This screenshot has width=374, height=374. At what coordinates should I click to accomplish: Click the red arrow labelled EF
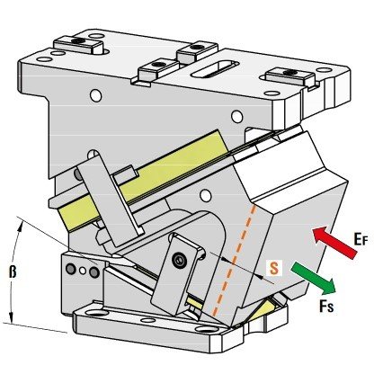(x=334, y=242)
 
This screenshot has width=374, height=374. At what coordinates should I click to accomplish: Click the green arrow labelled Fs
(x=313, y=279)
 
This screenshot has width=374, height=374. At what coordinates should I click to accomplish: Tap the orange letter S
(x=274, y=268)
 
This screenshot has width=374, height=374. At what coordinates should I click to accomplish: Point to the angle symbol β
(x=12, y=272)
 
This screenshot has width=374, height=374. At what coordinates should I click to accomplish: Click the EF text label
(x=361, y=240)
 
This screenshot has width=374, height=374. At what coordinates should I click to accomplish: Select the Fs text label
(x=326, y=306)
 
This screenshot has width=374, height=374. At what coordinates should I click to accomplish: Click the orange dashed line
(x=234, y=260)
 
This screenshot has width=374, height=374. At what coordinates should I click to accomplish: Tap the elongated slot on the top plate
(x=215, y=68)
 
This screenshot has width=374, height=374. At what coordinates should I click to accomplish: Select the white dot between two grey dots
(x=83, y=271)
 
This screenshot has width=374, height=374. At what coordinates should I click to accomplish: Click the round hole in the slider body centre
(x=205, y=196)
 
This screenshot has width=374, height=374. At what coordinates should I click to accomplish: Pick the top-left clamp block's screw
(x=79, y=40)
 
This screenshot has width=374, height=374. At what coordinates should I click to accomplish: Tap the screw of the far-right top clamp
(x=290, y=72)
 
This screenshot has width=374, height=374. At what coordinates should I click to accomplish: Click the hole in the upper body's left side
(x=95, y=95)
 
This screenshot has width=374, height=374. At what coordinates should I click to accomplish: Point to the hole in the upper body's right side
(x=236, y=116)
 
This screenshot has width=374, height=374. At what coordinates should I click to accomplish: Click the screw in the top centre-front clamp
(x=157, y=64)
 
